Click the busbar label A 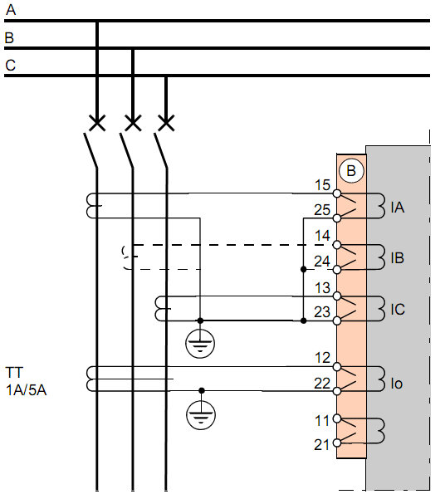coord(11,10)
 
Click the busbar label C coord(11,66)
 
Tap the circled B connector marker coord(351,171)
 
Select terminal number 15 coord(322,185)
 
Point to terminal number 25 coord(322,210)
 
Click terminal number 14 coord(322,236)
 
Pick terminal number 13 coord(322,288)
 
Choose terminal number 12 coord(322,359)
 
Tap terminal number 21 coord(322,445)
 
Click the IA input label coord(398,208)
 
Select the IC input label coord(398,310)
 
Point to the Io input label coord(397,384)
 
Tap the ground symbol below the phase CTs coord(200,344)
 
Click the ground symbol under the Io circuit coord(200,414)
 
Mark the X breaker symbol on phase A coord(97,123)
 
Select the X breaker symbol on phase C coord(166,123)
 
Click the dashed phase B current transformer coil coord(128,257)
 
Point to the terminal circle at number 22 coord(337,391)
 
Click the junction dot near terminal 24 coord(303,270)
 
